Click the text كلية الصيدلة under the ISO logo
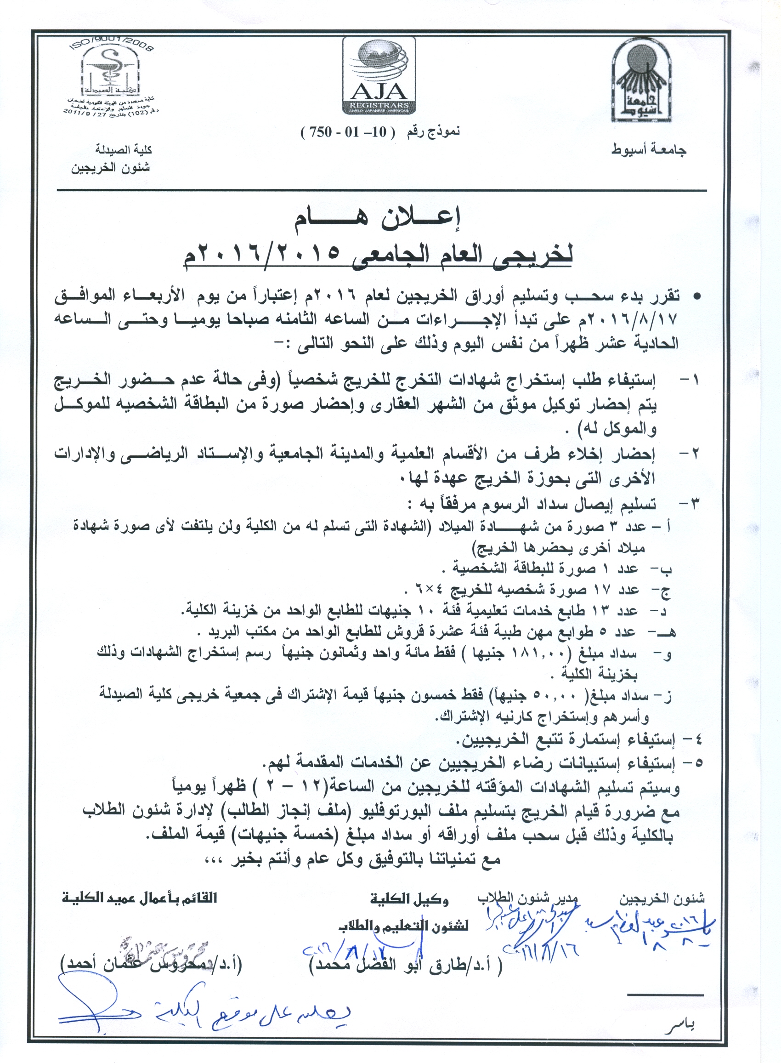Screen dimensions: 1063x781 point(124,150)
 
